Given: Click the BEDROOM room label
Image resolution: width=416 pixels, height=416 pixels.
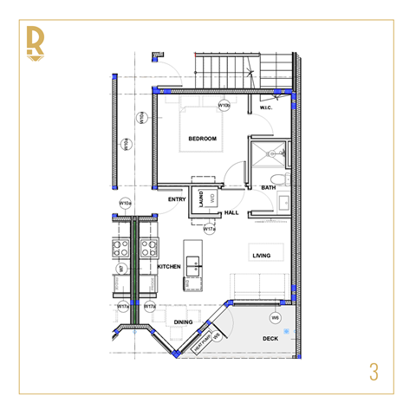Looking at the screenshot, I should tap(202, 139).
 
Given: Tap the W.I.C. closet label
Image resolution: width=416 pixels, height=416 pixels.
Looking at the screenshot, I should tap(267, 108).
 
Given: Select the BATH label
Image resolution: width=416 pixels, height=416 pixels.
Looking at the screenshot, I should tap(268, 187).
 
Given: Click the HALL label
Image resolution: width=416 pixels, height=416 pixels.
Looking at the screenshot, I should tap(231, 212).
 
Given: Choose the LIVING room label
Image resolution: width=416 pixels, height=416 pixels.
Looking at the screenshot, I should tap(263, 256).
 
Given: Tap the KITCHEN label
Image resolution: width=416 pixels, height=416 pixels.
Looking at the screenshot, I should tap(169, 267).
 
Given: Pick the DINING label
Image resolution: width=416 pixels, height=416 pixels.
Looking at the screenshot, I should tap(183, 322).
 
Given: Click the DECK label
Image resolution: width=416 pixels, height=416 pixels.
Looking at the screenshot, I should tap(271, 339).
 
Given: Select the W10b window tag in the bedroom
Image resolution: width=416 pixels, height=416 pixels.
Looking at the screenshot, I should tap(224, 105).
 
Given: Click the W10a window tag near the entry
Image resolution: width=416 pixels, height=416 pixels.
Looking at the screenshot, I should tap(125, 205).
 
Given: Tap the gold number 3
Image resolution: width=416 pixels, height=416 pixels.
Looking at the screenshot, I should tap(374, 372).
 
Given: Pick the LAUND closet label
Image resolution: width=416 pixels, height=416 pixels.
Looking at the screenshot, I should tap(200, 198).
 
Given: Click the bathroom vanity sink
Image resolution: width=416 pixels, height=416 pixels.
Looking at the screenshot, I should tap(283, 205).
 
